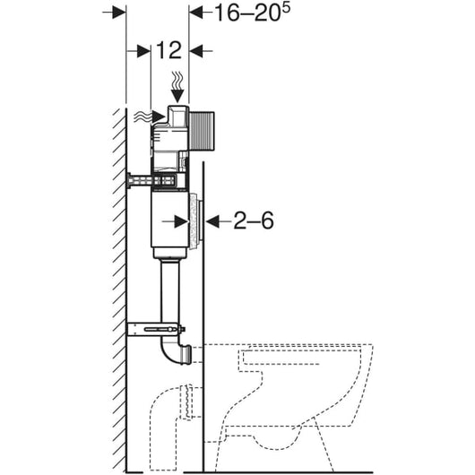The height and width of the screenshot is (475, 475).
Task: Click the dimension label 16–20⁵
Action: [x=252, y=13]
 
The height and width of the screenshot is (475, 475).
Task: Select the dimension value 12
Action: [x=169, y=50]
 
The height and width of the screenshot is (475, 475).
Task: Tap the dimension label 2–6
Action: [x=254, y=220]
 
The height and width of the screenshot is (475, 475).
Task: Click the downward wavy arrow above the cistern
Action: [x=177, y=87]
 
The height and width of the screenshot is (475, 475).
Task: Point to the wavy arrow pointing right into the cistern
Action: [x=150, y=117]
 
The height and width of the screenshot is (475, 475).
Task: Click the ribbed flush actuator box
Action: [x=202, y=131]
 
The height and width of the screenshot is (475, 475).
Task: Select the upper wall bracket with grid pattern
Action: [x=151, y=181]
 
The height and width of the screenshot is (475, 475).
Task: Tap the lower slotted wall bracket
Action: [x=156, y=329]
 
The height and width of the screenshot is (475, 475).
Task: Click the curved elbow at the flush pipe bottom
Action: [x=176, y=351]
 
